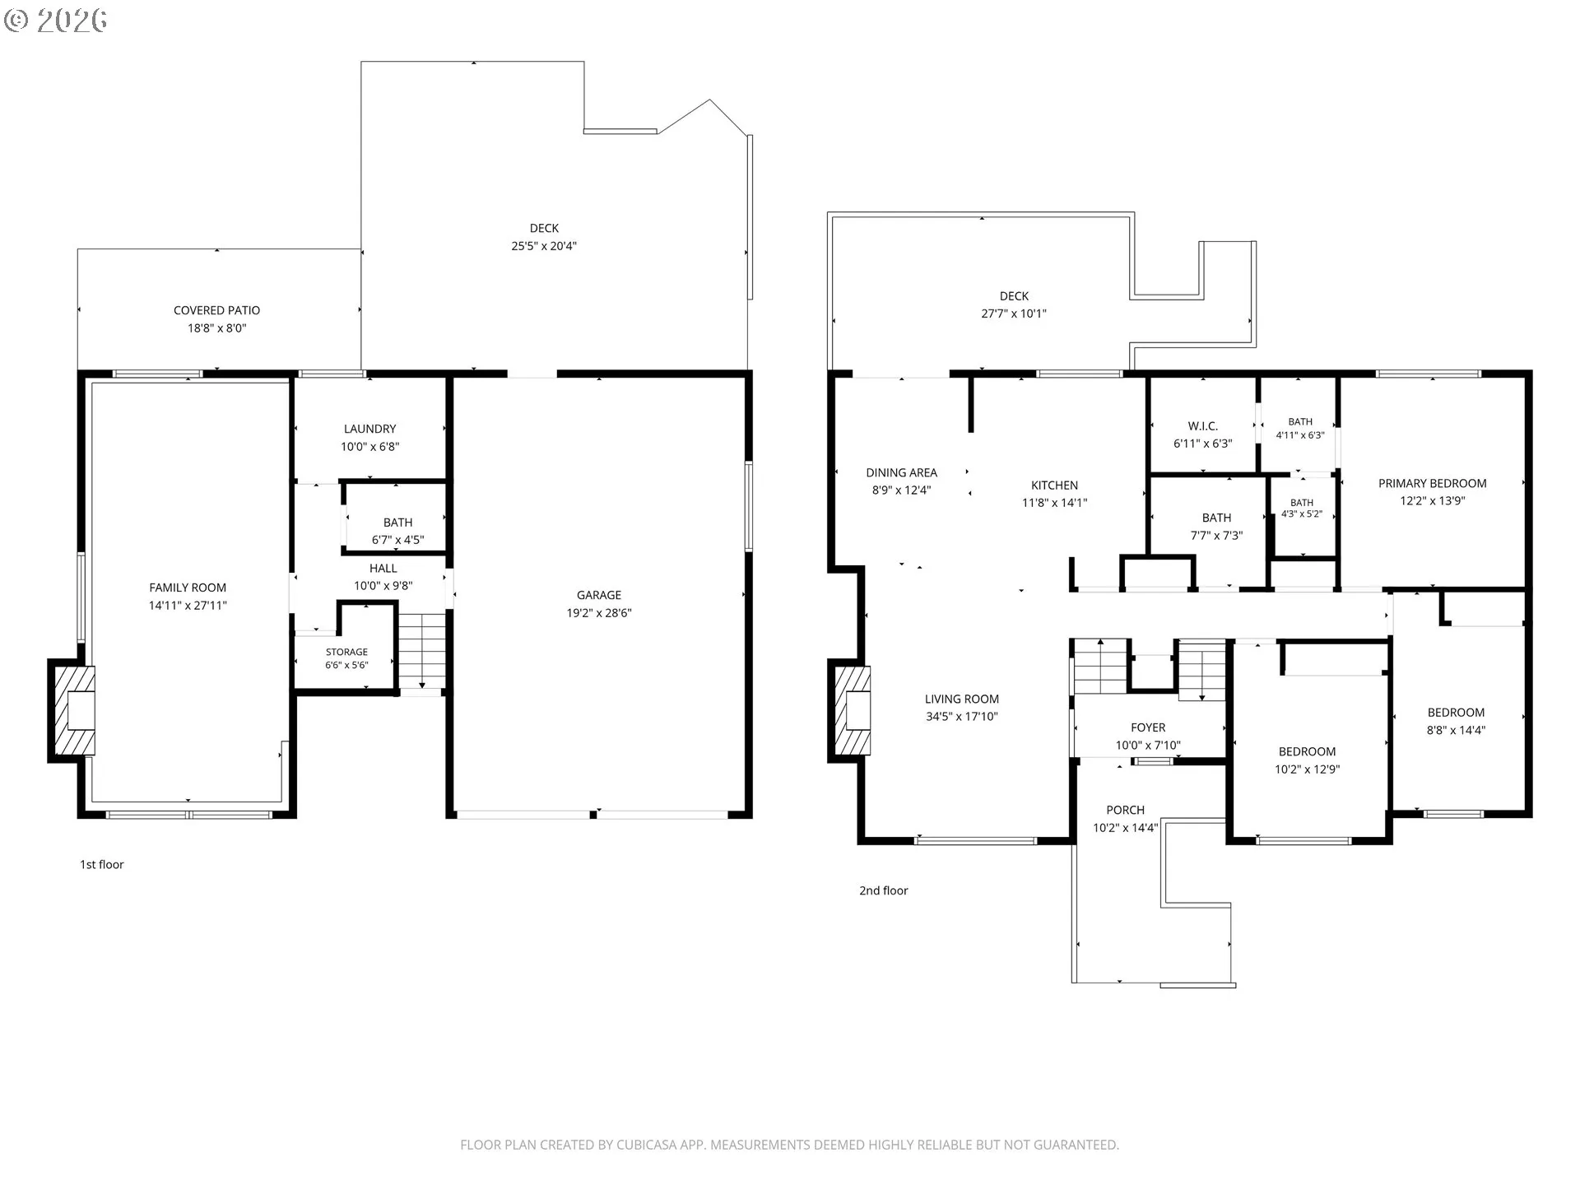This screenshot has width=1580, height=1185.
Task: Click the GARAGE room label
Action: pos(598,595)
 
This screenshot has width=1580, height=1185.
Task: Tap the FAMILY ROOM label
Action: pos(188,588)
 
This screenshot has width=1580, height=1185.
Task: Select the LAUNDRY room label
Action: pos(369,429)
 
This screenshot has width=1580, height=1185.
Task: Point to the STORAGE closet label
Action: pos(346,652)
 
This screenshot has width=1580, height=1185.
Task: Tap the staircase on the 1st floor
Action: pos(422,650)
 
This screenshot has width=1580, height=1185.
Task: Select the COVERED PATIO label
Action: pos(216,310)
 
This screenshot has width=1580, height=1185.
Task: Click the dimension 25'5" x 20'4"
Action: pos(544,246)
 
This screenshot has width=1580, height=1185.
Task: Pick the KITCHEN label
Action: pos(1054,486)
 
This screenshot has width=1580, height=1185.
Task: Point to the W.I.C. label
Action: pos(1202,426)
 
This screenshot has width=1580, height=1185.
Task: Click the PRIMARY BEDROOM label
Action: pos(1433,483)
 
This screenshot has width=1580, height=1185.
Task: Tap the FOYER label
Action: pos(1148,727)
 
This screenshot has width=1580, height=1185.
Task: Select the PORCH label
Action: pos(1125,810)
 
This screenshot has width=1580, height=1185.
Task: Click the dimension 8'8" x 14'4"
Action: pos(1456,730)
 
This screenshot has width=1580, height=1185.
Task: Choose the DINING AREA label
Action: pos(901,472)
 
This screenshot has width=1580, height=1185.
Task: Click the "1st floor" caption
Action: pos(101,864)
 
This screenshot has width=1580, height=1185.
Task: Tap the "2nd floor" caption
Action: pos(884,890)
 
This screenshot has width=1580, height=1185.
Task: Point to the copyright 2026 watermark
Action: pos(56,21)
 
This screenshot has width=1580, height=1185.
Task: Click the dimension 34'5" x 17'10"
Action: pos(961,717)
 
